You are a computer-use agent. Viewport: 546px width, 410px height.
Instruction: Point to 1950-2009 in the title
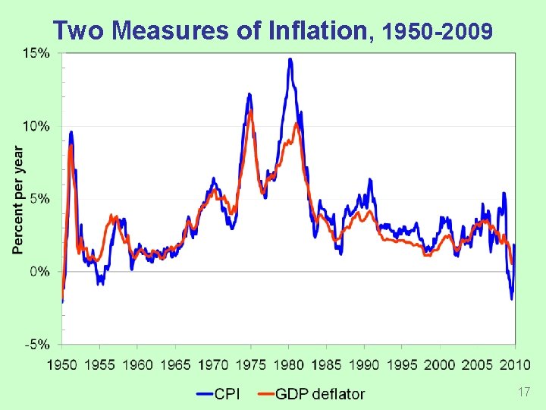pos(439,32)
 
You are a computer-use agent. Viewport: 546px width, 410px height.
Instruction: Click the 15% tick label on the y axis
pos(36,53)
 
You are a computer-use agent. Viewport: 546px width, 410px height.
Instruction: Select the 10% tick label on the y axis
pos(36,126)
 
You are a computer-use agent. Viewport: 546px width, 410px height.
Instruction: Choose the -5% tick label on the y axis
pos(37,344)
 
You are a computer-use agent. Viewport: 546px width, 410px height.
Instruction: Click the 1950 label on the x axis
pos(62,366)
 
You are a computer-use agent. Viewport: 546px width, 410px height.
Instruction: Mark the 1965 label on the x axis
pos(176,366)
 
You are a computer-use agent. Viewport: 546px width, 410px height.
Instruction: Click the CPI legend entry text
pos(232,393)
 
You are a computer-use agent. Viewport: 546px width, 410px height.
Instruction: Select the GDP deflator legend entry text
pos(319,393)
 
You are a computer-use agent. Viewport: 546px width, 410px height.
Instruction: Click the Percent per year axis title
pos(17,199)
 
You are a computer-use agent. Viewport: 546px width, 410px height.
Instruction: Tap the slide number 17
pos(522,392)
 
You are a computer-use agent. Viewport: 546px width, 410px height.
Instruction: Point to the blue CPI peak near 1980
pos(290,59)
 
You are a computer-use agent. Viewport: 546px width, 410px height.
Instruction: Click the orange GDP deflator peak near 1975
pos(250,112)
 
